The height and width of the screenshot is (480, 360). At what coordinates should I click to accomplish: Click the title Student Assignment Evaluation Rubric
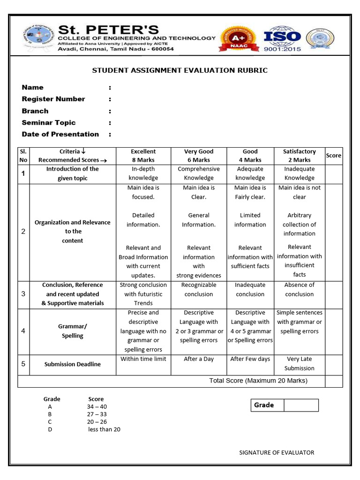pyautogui.click(x=180, y=70)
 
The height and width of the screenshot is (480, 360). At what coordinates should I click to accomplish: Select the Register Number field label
pyautogui.click(x=53, y=99)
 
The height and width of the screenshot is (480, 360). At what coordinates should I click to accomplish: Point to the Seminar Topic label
pyautogui.click(x=49, y=122)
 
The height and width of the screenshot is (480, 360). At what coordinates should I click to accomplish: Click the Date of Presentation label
pyautogui.click(x=60, y=134)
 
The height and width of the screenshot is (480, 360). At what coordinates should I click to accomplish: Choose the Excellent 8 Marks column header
pyautogui.click(x=143, y=156)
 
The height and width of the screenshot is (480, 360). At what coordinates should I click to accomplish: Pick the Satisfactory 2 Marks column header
pyautogui.click(x=299, y=156)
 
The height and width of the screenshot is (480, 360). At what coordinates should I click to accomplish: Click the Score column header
pyautogui.click(x=333, y=156)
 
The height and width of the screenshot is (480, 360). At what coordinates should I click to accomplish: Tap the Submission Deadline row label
pyautogui.click(x=72, y=364)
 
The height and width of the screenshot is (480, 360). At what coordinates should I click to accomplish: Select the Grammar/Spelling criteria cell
pyautogui.click(x=72, y=331)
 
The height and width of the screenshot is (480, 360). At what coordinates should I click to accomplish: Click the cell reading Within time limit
pyautogui.click(x=143, y=359)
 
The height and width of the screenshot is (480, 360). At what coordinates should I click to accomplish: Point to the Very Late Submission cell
pyautogui.click(x=299, y=364)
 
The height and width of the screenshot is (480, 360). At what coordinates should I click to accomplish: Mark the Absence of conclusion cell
pyautogui.click(x=299, y=290)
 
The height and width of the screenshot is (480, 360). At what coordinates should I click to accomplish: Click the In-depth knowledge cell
pyautogui.click(x=143, y=173)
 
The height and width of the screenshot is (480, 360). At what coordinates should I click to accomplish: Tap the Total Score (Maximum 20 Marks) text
pyautogui.click(x=258, y=381)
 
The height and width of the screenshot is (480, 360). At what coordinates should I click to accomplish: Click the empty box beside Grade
pyautogui.click(x=301, y=405)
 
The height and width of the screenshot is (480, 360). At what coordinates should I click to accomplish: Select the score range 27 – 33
pyautogui.click(x=97, y=414)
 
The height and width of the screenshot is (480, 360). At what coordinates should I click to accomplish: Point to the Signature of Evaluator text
pyautogui.click(x=277, y=452)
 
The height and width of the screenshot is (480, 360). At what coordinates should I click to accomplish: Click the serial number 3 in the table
pyautogui.click(x=23, y=294)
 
